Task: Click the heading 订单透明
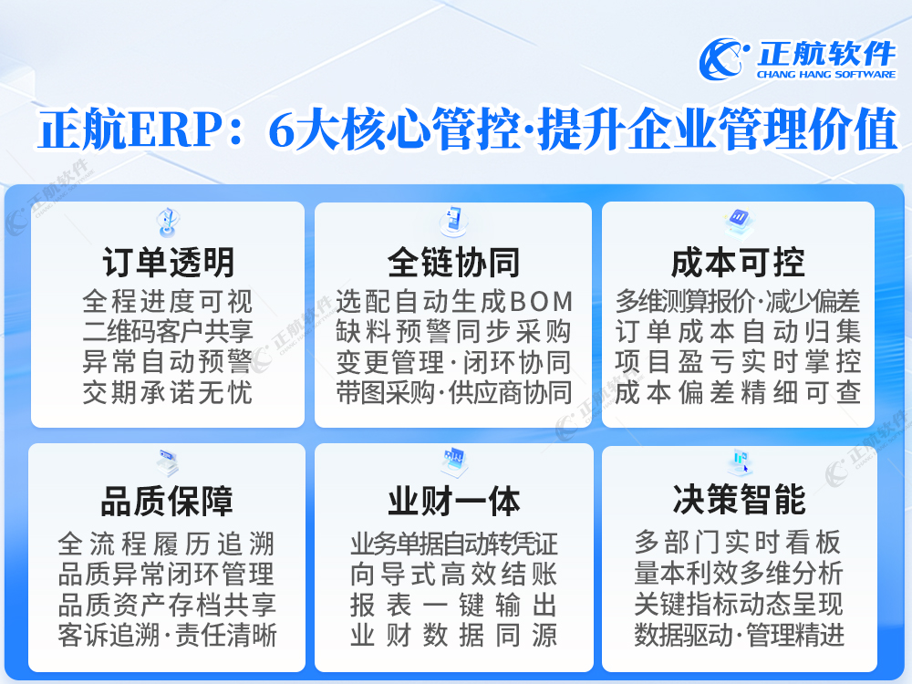click(168, 263)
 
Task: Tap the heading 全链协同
click(453, 263)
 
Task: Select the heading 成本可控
click(738, 263)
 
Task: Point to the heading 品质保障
click(167, 501)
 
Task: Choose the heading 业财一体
click(453, 501)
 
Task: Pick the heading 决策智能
click(740, 499)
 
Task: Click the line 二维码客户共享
click(168, 332)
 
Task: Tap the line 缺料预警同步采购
click(453, 332)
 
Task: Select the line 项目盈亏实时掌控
click(738, 361)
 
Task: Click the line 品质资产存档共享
click(167, 605)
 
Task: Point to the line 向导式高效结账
click(453, 575)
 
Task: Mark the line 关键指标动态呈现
click(739, 604)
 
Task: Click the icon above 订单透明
click(168, 222)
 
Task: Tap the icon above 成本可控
click(739, 221)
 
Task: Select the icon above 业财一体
click(453, 460)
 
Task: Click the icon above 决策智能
click(740, 461)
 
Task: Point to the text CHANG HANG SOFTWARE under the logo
click(826, 75)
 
